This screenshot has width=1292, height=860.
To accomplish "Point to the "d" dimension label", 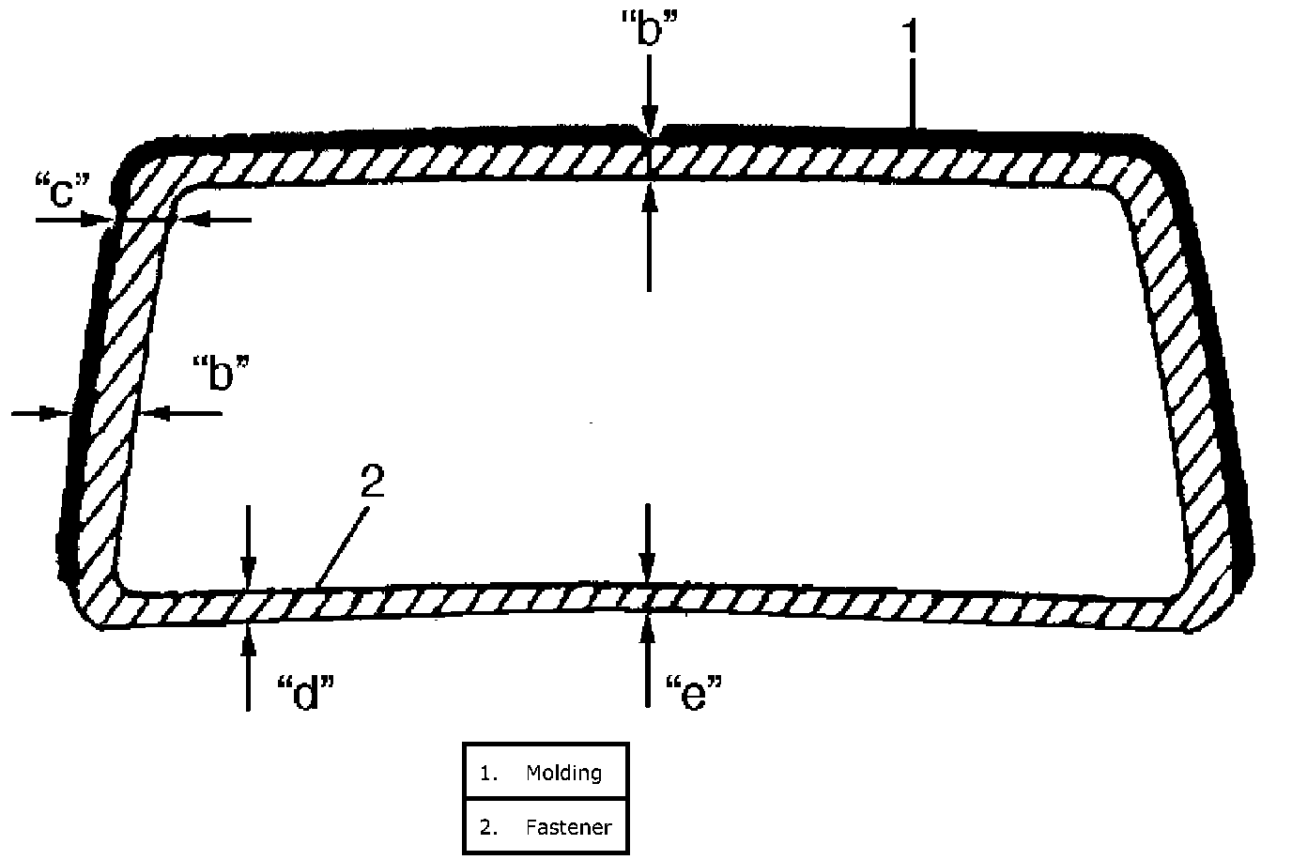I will tap(306, 693).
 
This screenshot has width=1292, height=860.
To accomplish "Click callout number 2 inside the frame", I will tap(372, 483).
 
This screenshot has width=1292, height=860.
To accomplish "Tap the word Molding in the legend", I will tap(563, 773).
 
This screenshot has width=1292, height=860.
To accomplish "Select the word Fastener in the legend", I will tap(568, 827).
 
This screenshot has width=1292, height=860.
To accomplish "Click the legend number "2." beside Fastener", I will tap(488, 827).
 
